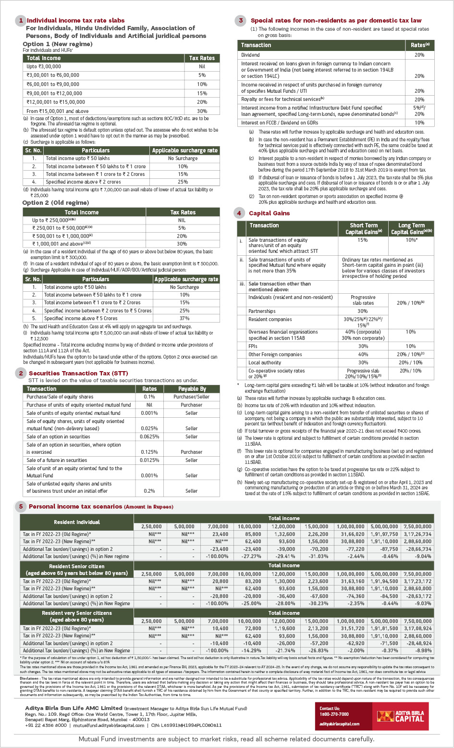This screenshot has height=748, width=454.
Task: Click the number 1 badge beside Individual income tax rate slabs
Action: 21,21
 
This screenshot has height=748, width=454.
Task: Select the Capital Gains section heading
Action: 269,213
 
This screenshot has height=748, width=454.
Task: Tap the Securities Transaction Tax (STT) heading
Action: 78,374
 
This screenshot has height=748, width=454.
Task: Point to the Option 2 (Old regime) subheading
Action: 55,203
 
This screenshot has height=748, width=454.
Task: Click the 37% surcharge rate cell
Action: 184,318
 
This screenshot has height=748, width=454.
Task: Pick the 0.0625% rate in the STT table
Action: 149,437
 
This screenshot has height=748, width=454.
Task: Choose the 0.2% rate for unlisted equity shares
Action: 149,491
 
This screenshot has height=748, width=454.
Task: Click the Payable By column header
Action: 192,389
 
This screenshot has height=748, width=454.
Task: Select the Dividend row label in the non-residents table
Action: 250,55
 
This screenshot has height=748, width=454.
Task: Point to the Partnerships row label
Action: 262,312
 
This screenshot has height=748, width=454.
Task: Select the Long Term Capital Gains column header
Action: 411,229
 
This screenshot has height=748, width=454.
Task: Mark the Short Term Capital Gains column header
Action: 363,229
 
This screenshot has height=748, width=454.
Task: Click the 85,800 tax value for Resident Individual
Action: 253,534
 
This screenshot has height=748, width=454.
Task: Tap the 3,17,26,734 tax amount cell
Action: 417,534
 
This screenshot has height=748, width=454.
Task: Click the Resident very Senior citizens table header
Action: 77,617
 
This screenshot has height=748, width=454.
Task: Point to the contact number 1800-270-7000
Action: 334,714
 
